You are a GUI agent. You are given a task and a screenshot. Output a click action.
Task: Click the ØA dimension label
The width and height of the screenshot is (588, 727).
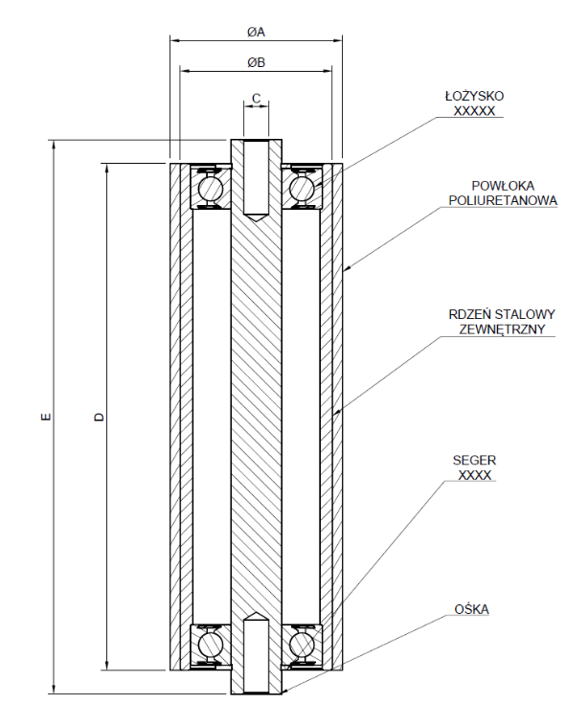click(x=255, y=32)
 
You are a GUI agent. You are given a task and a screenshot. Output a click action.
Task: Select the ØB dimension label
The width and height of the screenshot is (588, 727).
click(x=255, y=63)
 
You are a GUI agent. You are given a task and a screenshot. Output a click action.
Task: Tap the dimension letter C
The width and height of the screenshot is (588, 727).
click(x=256, y=98)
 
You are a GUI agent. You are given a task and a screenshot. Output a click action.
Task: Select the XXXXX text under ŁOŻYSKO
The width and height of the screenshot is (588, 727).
click(x=474, y=110)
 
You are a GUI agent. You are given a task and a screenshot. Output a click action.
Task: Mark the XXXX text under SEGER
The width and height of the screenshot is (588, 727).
click(x=474, y=475)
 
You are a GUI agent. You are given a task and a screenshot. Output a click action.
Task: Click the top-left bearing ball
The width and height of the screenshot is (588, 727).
click(x=210, y=188)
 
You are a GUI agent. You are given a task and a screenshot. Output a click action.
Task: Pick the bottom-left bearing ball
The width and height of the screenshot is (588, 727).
click(x=210, y=645)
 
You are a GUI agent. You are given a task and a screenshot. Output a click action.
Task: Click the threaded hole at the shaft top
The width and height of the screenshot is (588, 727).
click(x=256, y=178)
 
